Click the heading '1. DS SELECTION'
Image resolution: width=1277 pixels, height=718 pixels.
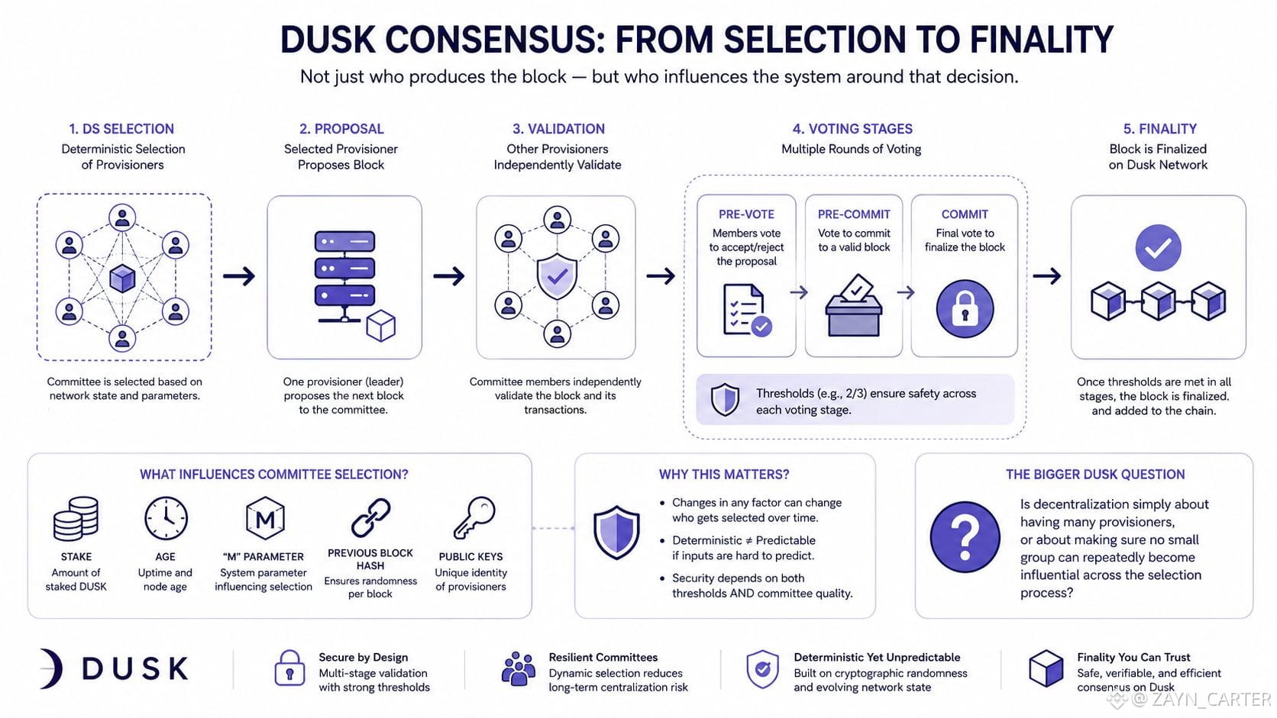coord(121,129)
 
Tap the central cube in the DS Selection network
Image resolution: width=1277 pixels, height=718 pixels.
coord(122,279)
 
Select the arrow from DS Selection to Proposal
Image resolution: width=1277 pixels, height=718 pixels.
coord(239,276)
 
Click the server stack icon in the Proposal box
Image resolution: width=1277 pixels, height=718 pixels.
coord(344,275)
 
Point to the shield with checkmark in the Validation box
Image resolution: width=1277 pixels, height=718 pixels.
coord(557,277)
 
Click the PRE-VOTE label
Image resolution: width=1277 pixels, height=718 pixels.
coord(746,214)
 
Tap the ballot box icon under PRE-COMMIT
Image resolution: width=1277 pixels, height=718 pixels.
coord(853,306)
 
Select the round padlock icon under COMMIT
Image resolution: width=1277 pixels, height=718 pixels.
coord(965,308)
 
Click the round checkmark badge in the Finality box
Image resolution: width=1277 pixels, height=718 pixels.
coord(1158,248)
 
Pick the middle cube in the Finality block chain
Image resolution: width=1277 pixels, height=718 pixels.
coord(1158,301)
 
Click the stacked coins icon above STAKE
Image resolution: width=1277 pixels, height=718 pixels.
coord(76,518)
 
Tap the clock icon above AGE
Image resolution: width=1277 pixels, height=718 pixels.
coord(165,518)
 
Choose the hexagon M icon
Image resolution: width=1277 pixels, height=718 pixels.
coord(265,518)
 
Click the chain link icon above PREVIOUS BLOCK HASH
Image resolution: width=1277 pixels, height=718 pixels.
coord(370,518)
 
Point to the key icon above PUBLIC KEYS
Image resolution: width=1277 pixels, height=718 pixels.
coord(474,517)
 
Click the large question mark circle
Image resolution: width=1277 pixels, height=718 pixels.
coord(965,537)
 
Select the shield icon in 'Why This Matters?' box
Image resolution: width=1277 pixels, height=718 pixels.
coord(616,533)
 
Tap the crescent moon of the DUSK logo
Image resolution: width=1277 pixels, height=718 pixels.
coord(53,668)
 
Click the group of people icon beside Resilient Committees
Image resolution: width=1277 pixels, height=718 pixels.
coord(519,668)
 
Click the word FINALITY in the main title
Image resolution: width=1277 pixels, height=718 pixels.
coord(1041,39)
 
